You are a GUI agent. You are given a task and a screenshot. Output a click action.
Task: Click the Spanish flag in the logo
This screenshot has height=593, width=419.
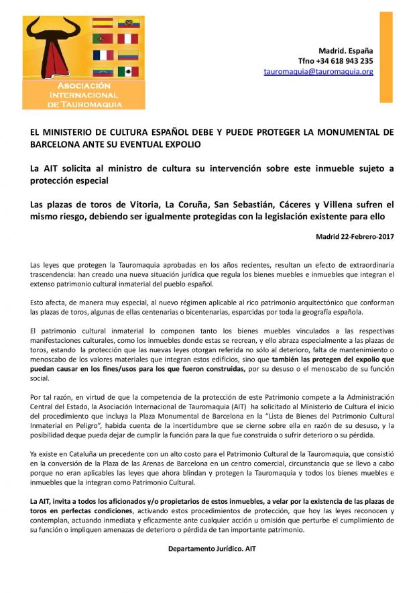[103, 23]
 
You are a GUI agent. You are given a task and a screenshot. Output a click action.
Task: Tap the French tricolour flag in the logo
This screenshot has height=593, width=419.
[103, 55]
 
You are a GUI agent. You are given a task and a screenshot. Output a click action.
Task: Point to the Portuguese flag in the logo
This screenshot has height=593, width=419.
[103, 39]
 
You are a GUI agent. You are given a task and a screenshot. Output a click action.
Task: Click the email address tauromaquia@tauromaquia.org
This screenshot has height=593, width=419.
[318, 71]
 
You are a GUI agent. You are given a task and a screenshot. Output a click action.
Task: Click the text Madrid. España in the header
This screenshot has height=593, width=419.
[346, 50]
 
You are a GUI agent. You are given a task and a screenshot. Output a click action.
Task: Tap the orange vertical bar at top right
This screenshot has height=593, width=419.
[385, 56]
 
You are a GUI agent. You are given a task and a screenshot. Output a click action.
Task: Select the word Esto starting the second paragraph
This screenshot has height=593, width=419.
[38, 302]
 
